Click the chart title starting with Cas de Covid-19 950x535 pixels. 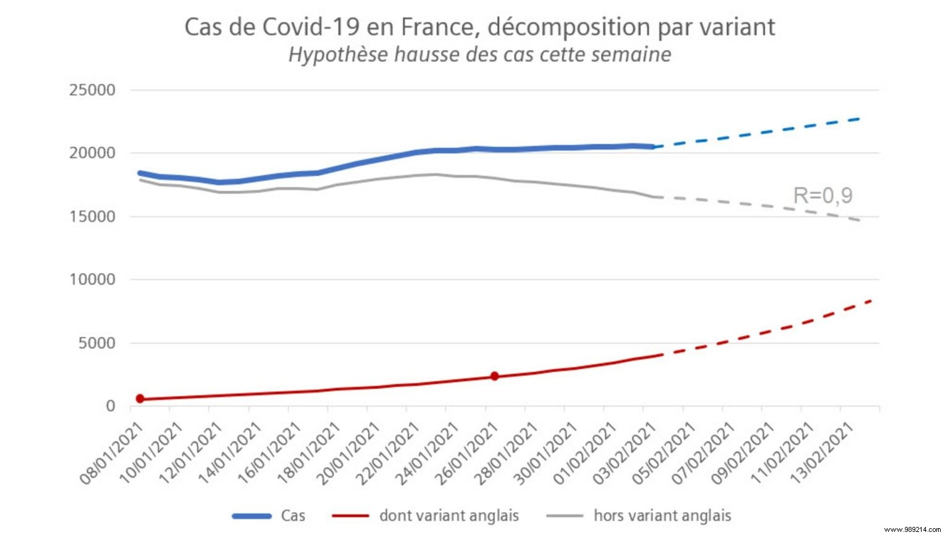[x=479, y=27]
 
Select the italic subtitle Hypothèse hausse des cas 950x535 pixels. [x=479, y=54]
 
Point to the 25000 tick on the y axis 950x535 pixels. [x=92, y=90]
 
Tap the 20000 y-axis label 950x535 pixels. [x=92, y=153]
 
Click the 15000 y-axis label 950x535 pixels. [x=92, y=217]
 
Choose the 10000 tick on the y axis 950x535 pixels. [x=92, y=280]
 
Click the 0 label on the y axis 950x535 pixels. [x=111, y=406]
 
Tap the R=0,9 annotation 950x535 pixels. [x=823, y=196]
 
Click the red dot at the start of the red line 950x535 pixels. [x=140, y=399]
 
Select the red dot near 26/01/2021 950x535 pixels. [x=494, y=376]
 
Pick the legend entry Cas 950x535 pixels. [x=293, y=516]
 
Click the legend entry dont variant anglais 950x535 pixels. [x=448, y=516]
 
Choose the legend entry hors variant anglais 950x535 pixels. [x=662, y=516]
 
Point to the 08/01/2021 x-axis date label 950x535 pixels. [x=111, y=453]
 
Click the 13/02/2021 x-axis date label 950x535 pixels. [x=821, y=453]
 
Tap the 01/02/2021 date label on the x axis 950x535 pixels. [x=584, y=453]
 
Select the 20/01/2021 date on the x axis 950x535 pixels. [x=348, y=453]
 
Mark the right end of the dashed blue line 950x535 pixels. [x=858, y=118]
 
